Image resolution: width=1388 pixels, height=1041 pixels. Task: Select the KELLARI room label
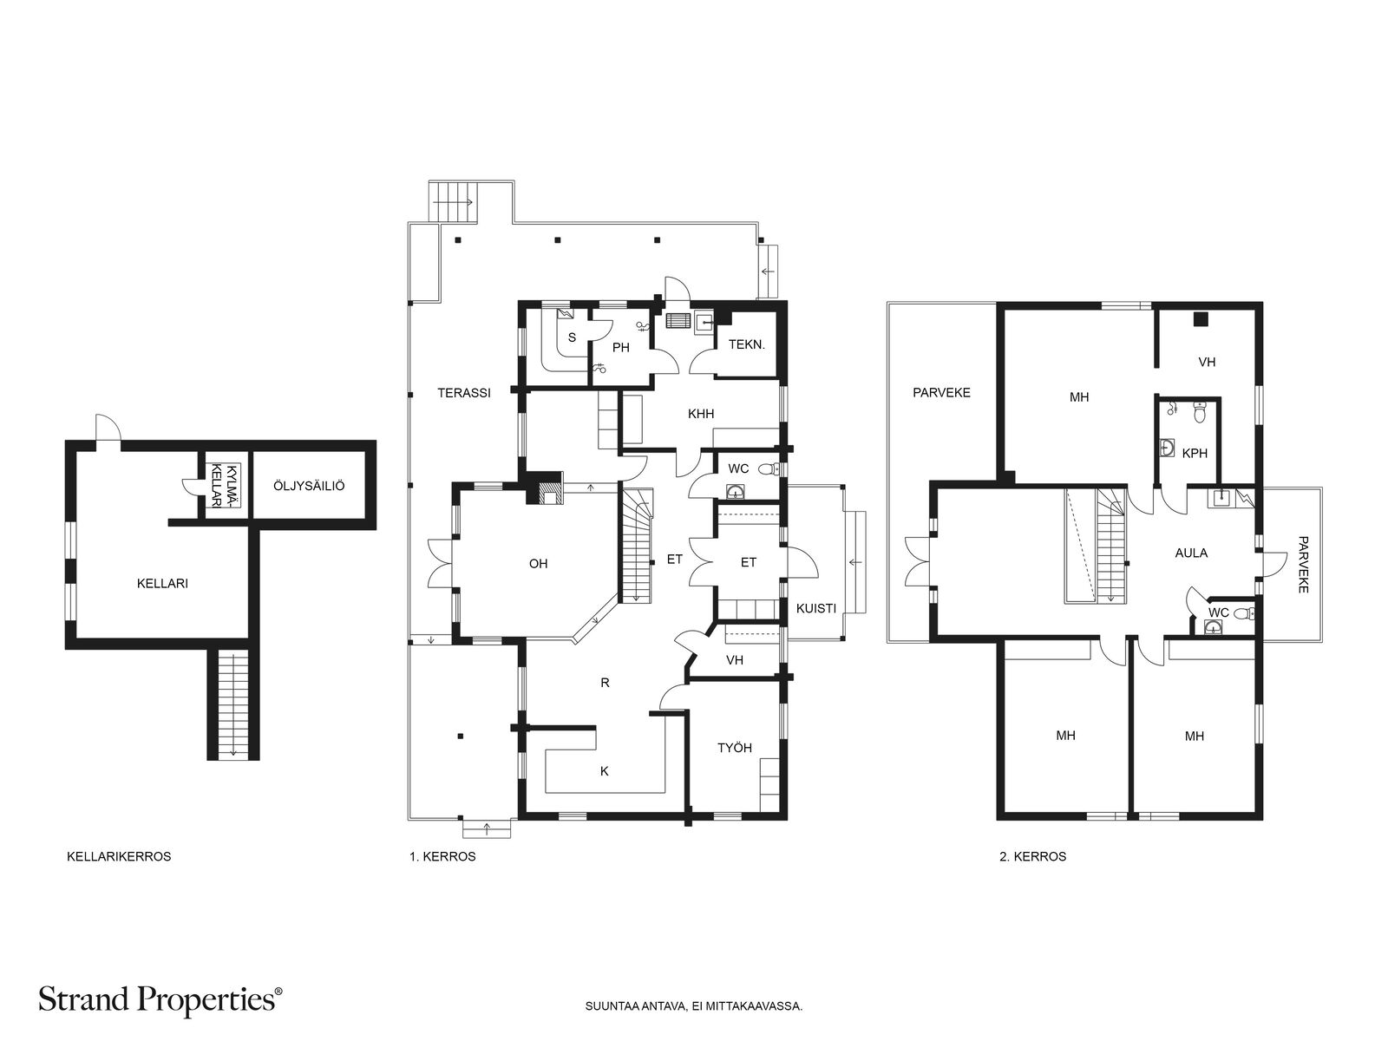pyautogui.click(x=162, y=584)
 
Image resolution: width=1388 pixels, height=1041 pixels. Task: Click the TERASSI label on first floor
pyautogui.click(x=463, y=393)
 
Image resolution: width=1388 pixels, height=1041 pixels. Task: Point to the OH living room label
pyautogui.click(x=538, y=564)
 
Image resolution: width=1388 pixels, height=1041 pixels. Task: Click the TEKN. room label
pyautogui.click(x=746, y=344)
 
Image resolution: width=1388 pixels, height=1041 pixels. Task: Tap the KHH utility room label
pyautogui.click(x=700, y=415)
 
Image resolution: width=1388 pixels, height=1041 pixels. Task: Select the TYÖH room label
pyautogui.click(x=734, y=748)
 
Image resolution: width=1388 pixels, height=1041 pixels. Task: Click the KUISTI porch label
pyautogui.click(x=815, y=609)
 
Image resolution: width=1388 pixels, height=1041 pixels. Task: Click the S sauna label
pyautogui.click(x=572, y=338)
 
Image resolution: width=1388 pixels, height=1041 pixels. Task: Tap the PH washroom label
pyautogui.click(x=620, y=348)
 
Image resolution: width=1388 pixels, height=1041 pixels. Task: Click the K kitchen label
pyautogui.click(x=605, y=770)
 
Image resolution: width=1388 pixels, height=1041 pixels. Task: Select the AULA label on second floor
pyautogui.click(x=1191, y=553)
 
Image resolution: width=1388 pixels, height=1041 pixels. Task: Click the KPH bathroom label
pyautogui.click(x=1195, y=453)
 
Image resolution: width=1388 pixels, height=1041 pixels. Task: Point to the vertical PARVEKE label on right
pyautogui.click(x=1302, y=564)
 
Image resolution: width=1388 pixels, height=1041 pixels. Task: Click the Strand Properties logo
pyautogui.click(x=160, y=999)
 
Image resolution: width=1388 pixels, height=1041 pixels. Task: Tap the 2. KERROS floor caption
pyautogui.click(x=1032, y=856)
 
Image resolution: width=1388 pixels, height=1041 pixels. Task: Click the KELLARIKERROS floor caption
pyautogui.click(x=119, y=856)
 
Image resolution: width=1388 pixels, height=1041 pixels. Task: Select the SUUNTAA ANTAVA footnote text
pyautogui.click(x=694, y=1008)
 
